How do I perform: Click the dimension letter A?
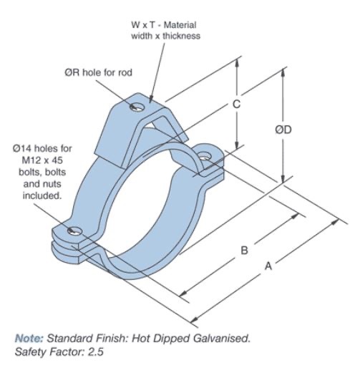coord(268,266)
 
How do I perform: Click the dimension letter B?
coord(244,251)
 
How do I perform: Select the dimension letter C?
coord(236,104)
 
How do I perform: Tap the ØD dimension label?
coord(283,130)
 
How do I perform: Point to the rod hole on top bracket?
coord(137,107)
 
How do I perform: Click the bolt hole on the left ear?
coord(74,230)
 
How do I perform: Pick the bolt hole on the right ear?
coord(205,157)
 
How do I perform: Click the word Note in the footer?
coord(29,338)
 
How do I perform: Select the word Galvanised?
coord(222,338)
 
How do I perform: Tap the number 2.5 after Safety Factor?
coord(96,352)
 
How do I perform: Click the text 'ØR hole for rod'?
coord(98,72)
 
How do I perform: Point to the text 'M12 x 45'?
coord(42,160)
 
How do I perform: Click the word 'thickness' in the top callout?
coord(181,36)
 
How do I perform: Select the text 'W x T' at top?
coord(143,25)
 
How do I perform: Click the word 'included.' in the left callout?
coord(42,195)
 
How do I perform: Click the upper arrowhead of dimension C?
coord(236,62)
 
